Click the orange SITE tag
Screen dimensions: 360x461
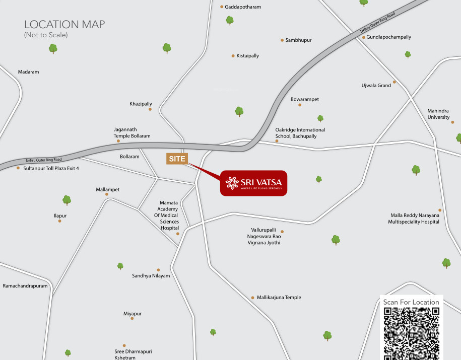(x=177, y=159)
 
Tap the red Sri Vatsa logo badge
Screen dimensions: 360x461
(x=253, y=183)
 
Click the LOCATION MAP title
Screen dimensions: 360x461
(x=64, y=25)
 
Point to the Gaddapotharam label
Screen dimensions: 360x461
(x=243, y=7)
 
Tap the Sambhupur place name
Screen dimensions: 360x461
(x=298, y=40)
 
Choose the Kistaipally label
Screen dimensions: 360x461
(x=247, y=56)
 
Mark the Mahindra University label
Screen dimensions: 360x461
(x=438, y=114)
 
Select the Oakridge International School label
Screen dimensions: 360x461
(x=300, y=133)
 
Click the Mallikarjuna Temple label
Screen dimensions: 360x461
(x=279, y=298)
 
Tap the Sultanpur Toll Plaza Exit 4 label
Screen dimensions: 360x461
(x=51, y=168)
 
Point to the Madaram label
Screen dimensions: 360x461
(x=28, y=72)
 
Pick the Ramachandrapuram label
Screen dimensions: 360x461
(x=25, y=286)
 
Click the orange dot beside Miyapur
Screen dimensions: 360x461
(x=132, y=318)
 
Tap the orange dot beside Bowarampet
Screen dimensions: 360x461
(x=300, y=105)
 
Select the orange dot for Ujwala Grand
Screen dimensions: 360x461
(x=394, y=82)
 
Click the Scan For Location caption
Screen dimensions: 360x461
(x=411, y=302)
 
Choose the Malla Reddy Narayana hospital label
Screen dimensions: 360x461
(x=414, y=219)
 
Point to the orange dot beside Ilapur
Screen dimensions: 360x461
(x=59, y=221)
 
